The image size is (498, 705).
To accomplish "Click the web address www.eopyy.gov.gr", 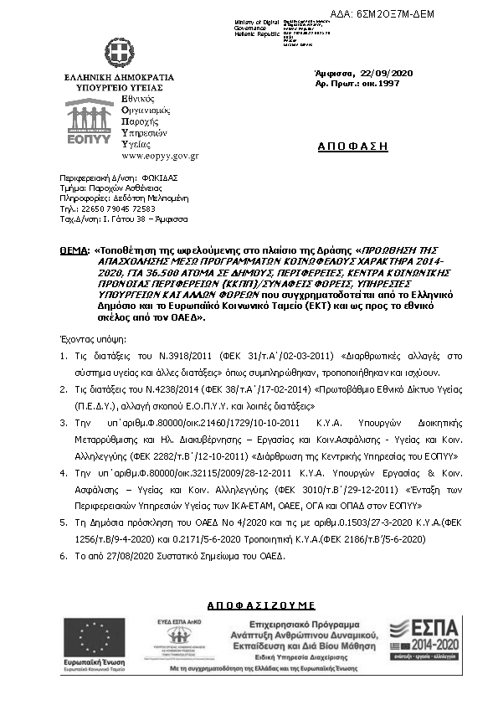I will coord(160,156).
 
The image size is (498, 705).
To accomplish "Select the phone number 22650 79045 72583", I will coord(117,208).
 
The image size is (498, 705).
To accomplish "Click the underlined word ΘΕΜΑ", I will coord(74,250).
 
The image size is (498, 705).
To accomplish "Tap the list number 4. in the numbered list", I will coord(64,473).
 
